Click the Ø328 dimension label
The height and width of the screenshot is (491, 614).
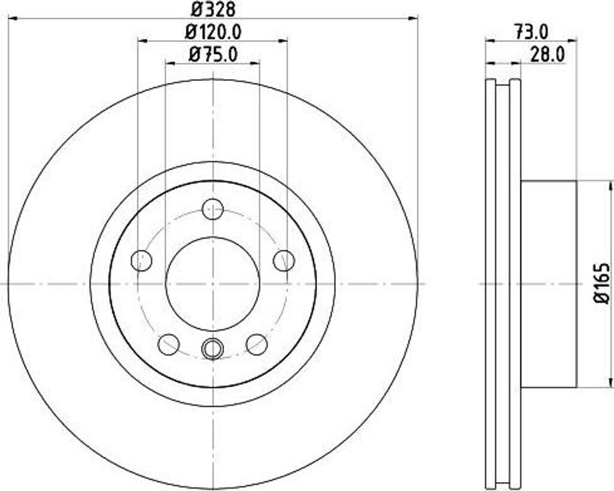coord(213,10)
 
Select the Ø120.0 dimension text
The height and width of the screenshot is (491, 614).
coord(213,32)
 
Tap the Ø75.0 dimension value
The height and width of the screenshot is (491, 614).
coord(213,55)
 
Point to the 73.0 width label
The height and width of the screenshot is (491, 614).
coord(531,32)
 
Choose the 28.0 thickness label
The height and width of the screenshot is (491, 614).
coord(547,55)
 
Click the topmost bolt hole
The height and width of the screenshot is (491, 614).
coord(213,209)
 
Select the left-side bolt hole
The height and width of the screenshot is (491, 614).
coord(142,260)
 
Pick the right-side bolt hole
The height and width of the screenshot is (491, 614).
coord(284,260)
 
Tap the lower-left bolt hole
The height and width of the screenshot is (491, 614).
coord(168,345)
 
